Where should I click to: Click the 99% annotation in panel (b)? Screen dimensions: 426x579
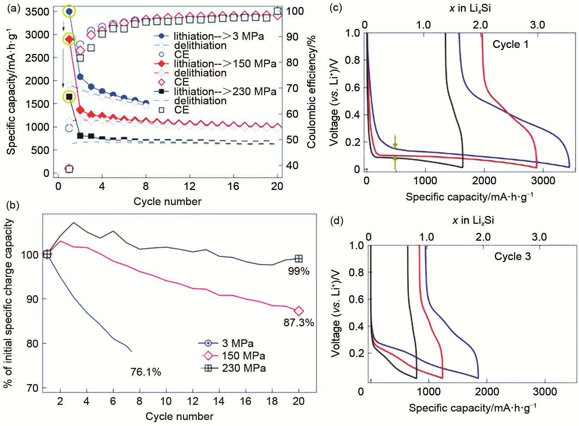299,271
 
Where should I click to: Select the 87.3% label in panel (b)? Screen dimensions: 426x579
299,322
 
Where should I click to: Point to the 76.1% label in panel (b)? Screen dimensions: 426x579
146,372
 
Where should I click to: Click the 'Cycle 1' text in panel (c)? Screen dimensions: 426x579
510,44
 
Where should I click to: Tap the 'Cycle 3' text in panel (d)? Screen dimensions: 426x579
512,256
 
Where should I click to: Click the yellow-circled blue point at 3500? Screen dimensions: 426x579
69,12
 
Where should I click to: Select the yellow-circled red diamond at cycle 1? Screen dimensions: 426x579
69,39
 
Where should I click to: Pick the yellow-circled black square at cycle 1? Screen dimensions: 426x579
69,97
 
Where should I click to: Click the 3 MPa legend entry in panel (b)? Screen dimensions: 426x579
237,343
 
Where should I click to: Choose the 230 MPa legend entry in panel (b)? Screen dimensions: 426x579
243,368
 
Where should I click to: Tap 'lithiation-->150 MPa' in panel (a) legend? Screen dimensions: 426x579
225,64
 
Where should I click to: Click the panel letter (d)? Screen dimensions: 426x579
336,221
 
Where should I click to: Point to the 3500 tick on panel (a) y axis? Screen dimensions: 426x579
37,12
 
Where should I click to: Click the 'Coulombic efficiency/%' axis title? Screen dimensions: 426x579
311,91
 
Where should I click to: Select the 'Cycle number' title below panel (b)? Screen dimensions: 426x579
179,416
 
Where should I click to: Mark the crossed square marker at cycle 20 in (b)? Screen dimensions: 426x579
299,259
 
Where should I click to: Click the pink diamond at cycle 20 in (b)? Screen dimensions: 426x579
299,311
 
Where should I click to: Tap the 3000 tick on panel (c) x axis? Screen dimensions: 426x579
543,181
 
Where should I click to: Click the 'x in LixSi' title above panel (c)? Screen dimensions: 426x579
470,8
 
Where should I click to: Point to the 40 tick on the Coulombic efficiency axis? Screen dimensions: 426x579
292,165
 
